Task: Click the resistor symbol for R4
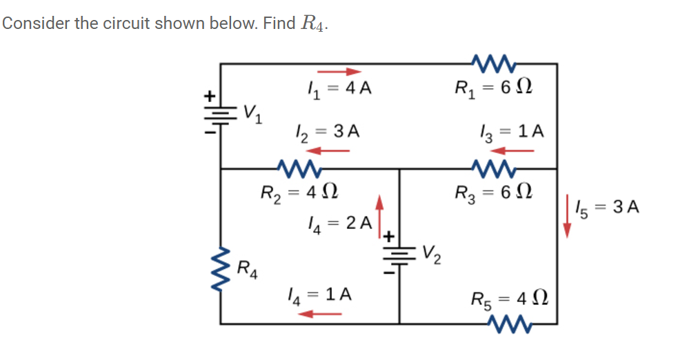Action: click(x=221, y=265)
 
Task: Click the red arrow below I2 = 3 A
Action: click(x=323, y=150)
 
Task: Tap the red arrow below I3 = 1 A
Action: click(x=517, y=150)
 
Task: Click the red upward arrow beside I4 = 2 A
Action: click(x=378, y=213)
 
